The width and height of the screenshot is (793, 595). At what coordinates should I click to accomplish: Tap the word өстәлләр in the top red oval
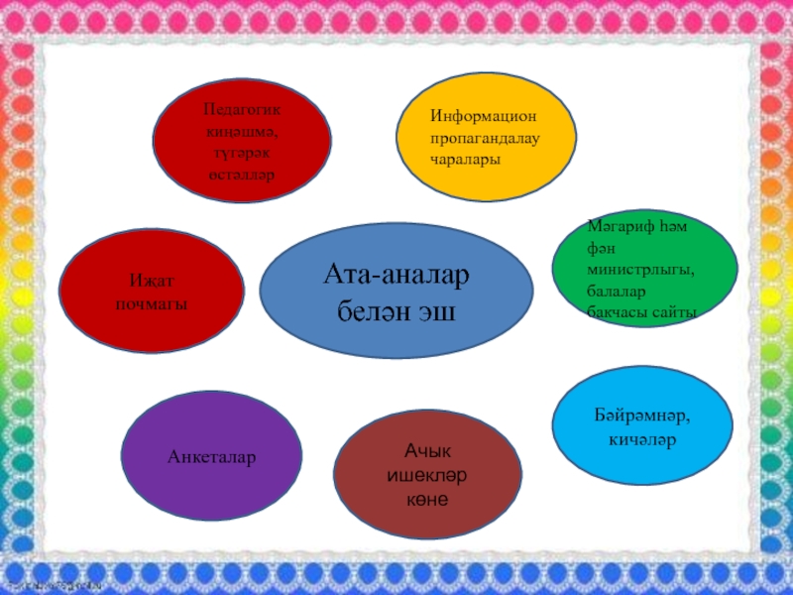pos(241,175)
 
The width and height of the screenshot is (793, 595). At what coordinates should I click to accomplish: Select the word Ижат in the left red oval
pos(151,281)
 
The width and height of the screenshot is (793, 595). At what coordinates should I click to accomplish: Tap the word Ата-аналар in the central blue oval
pos(396,273)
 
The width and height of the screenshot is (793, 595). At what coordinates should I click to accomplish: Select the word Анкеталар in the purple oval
pos(211,457)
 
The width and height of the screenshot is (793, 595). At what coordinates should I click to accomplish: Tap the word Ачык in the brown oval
pos(426,454)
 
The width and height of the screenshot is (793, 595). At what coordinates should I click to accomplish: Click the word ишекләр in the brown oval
pos(426,477)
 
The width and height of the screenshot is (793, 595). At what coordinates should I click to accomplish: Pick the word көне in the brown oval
pos(426,499)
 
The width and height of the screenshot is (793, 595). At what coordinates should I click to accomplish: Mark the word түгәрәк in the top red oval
pos(241,152)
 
